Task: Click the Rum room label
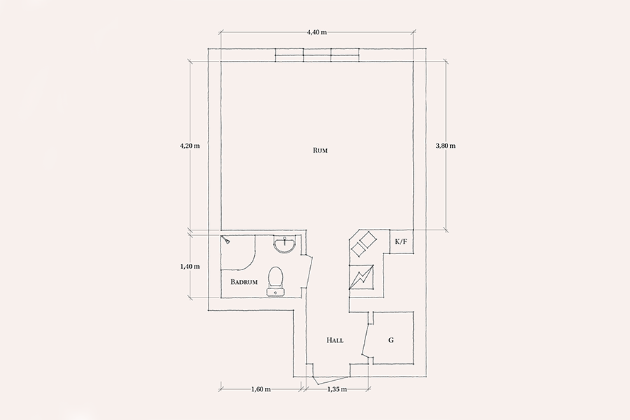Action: coord(320,150)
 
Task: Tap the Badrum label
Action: coord(244,282)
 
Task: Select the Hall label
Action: coord(335,340)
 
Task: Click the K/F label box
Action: coord(401,241)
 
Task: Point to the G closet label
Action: coord(391,340)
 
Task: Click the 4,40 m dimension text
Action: coord(317,32)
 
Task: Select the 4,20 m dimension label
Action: coord(190,146)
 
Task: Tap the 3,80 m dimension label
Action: coord(446,146)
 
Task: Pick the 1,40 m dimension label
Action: coord(190,267)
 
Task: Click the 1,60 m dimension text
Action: coord(261,389)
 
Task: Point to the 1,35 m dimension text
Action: coord(337,389)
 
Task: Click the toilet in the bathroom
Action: coord(276,281)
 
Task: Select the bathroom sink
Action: coord(285,244)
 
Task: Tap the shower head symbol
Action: coord(226,239)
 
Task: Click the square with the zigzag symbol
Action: coord(361,277)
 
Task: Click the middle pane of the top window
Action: coord(317,55)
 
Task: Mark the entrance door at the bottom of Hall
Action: coord(330,380)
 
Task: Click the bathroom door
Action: coord(307,272)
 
